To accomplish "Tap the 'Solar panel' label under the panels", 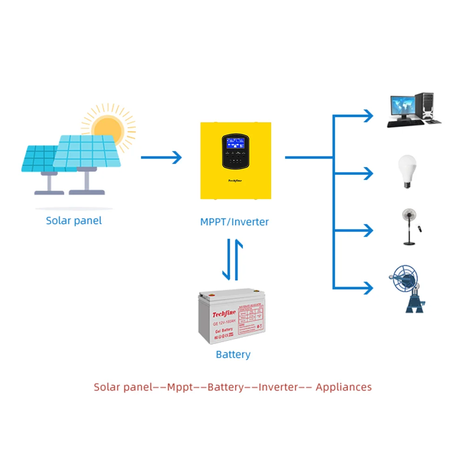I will (x=73, y=220).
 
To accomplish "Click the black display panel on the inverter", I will (x=237, y=152).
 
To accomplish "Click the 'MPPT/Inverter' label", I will (x=234, y=222).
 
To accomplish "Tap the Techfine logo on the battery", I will (x=225, y=315).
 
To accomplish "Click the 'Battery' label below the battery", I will (x=233, y=355).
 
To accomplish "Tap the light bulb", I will (x=407, y=171).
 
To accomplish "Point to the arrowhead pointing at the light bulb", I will (x=368, y=173).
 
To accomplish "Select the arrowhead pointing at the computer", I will (x=368, y=115).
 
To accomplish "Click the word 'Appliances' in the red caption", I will (x=344, y=387).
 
